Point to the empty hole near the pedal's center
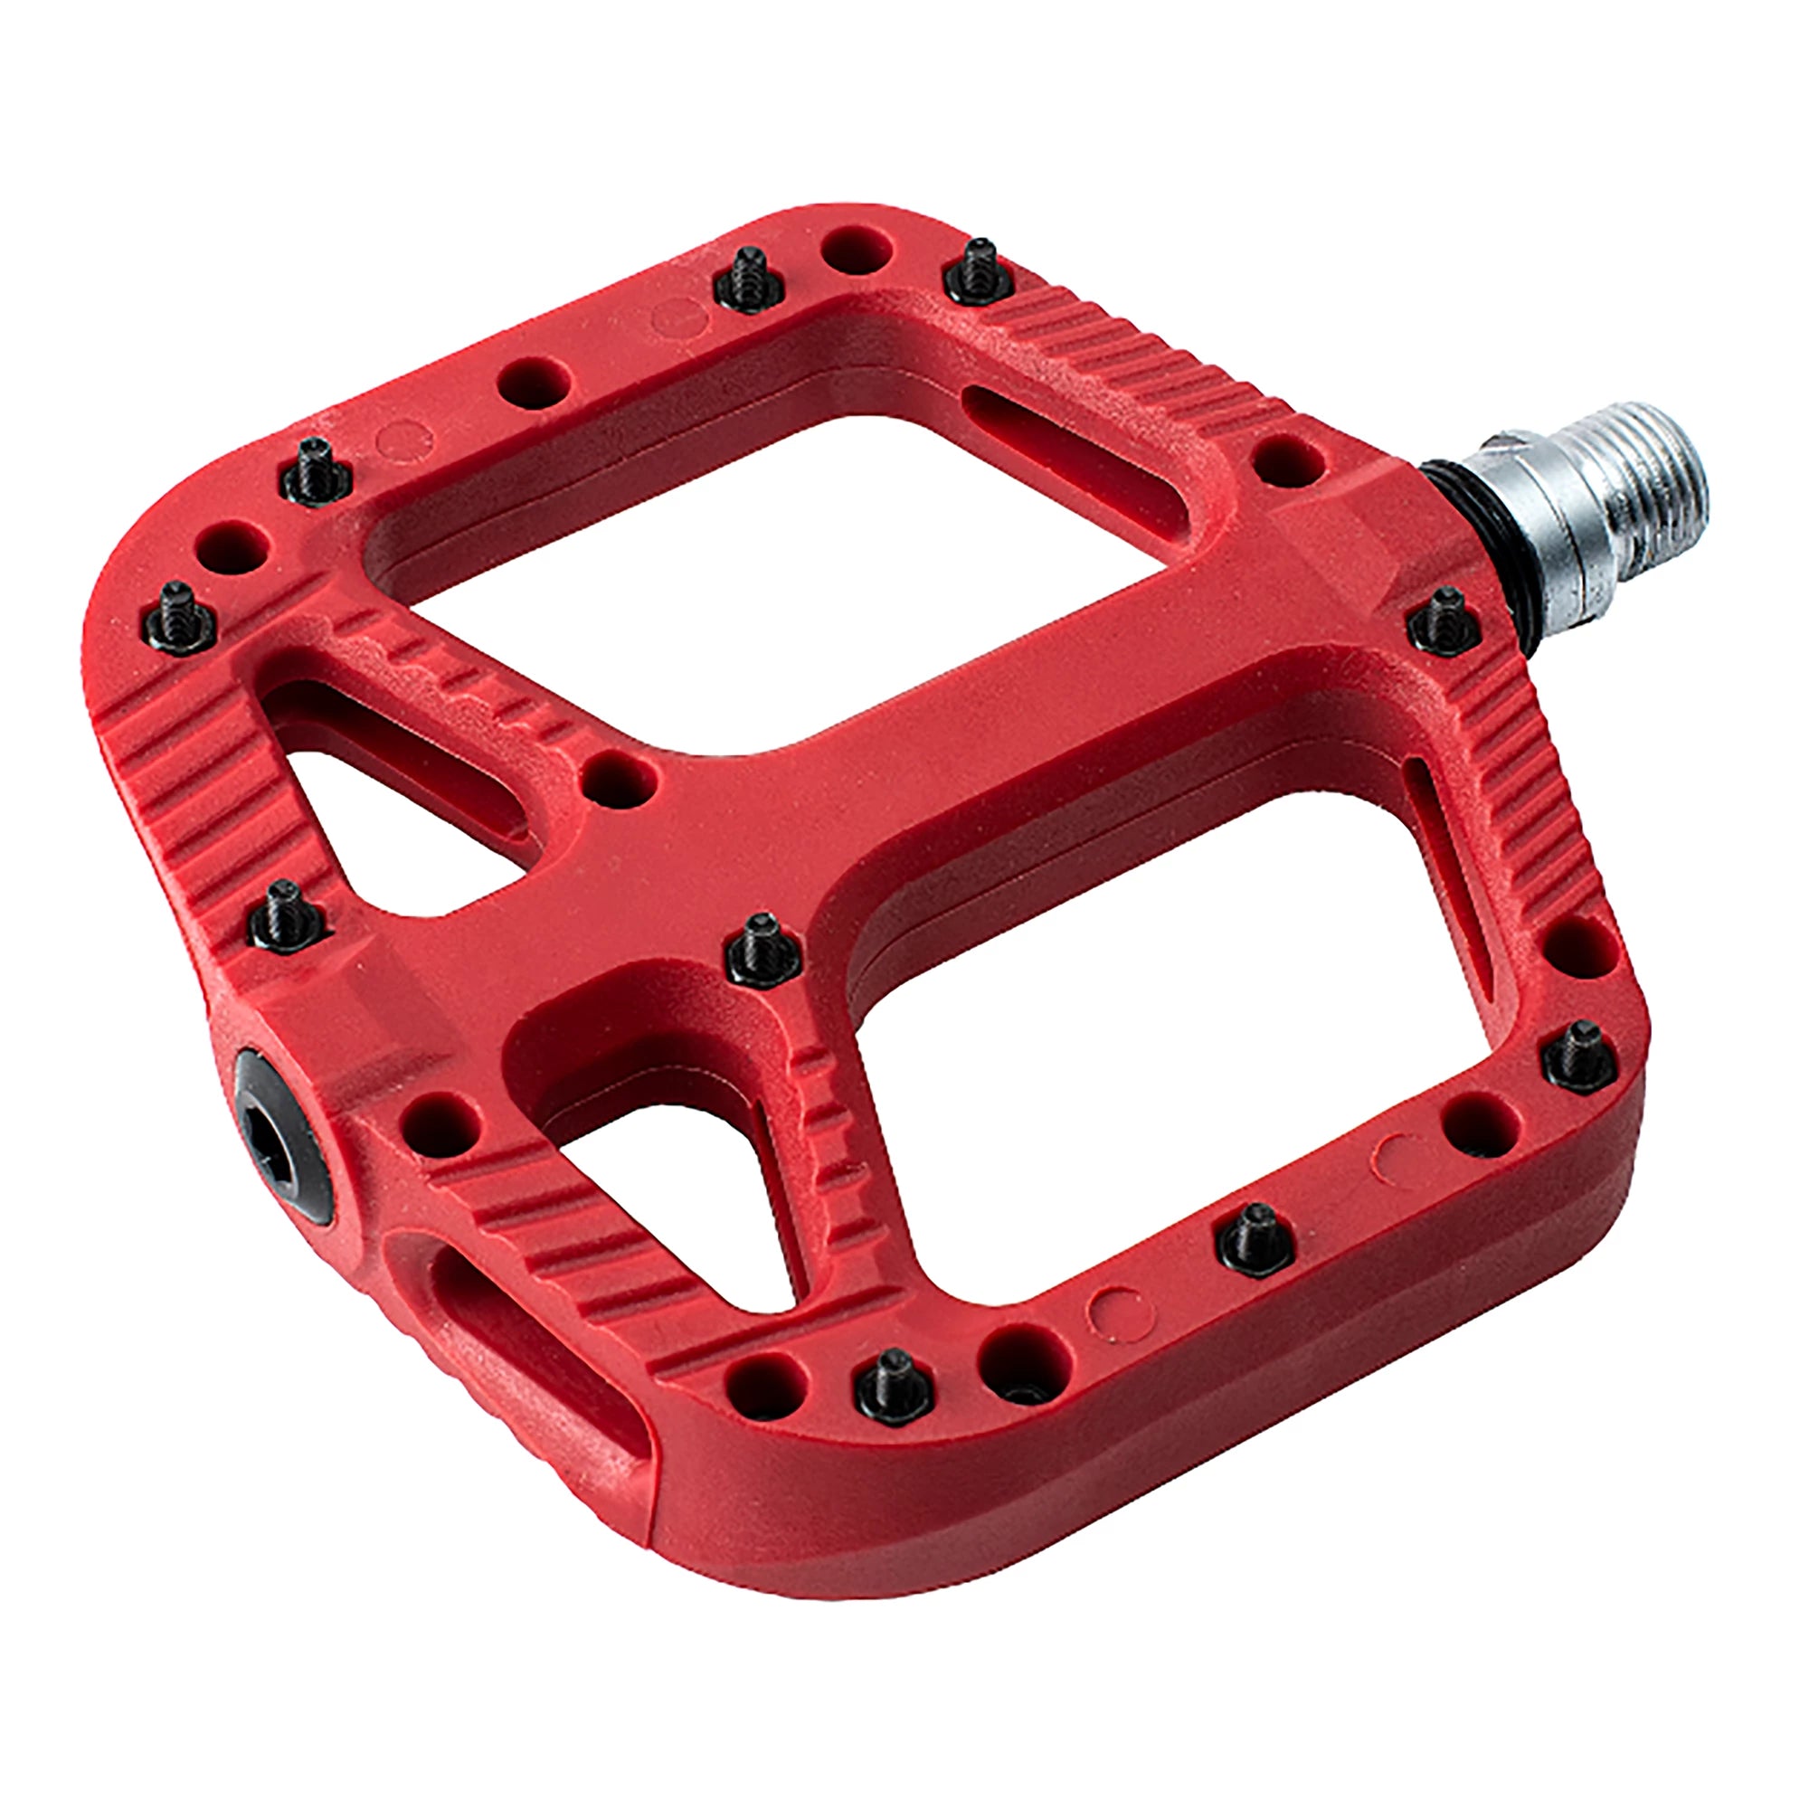[x=619, y=776]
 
